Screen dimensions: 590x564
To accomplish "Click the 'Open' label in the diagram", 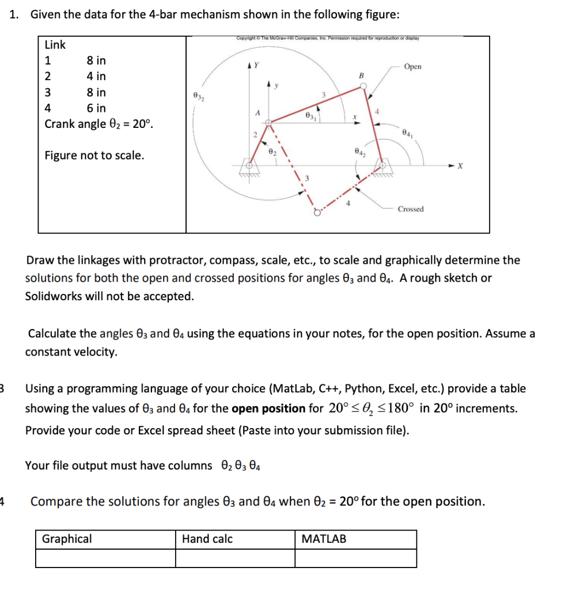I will coord(412,67).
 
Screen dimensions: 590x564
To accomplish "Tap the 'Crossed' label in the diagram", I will coord(410,209).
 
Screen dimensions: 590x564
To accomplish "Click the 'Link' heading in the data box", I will coord(55,44).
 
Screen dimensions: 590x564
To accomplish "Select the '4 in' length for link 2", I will coord(96,76).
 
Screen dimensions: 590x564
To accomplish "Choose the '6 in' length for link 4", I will coord(96,108).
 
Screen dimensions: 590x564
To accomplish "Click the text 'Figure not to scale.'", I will coord(94,156).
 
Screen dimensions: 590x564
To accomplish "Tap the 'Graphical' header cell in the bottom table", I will coord(66,539).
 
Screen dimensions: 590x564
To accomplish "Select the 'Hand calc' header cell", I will coord(207,539).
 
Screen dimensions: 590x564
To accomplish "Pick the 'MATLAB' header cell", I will coord(324,539).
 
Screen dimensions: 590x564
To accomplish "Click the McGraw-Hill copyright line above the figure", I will coord(327,39).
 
